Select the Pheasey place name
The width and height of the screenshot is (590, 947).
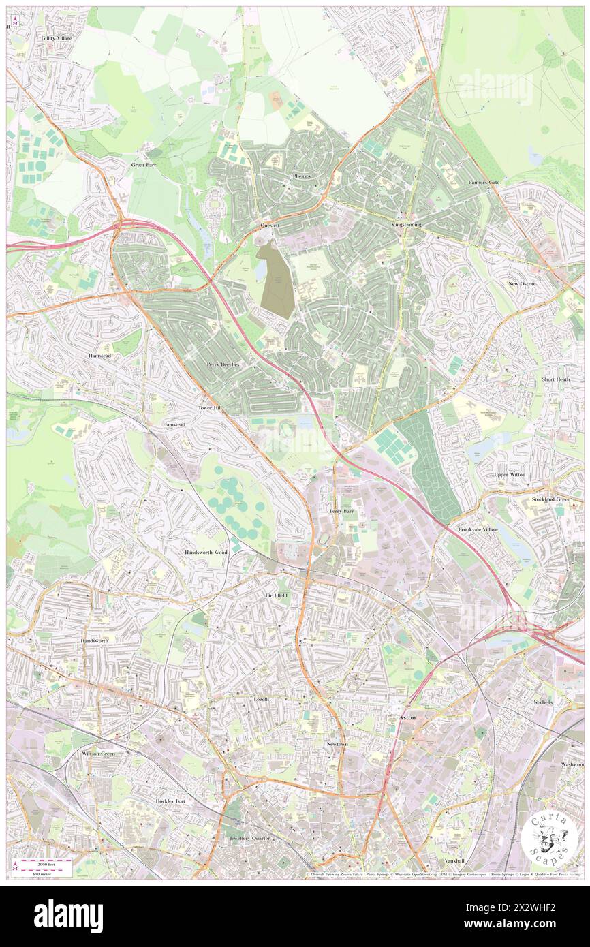[x=301, y=176]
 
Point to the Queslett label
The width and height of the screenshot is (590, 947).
[x=270, y=224]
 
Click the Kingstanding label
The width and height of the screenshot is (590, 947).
[x=407, y=224]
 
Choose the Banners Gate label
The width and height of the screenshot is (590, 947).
[x=484, y=183]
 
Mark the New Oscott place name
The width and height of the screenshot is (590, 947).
[x=522, y=283]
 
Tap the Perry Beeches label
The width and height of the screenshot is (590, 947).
[x=223, y=365]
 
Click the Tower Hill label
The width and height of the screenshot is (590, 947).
[x=210, y=407]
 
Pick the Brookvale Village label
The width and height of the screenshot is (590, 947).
[x=478, y=529]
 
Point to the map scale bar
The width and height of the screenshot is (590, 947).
[x=46, y=867]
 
